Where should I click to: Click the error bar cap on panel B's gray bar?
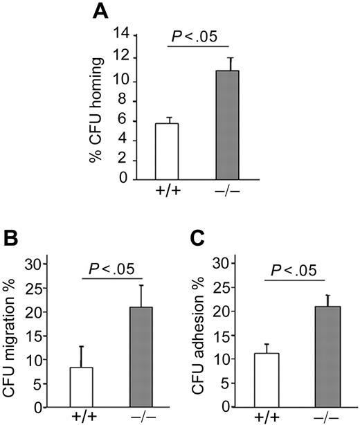click(141, 285)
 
